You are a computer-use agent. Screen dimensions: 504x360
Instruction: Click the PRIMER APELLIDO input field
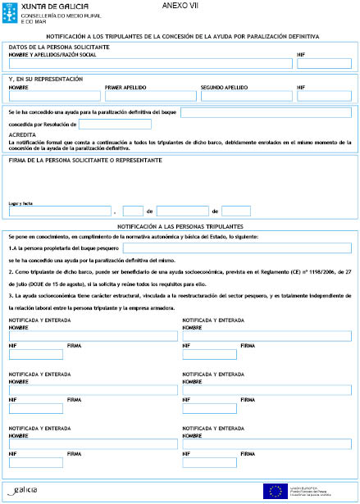(x=150, y=96)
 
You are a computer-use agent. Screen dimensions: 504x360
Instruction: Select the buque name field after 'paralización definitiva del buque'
(x=266, y=111)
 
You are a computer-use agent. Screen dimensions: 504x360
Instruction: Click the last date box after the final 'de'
(x=236, y=211)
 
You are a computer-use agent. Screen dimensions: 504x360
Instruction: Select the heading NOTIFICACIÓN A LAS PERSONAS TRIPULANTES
(x=180, y=225)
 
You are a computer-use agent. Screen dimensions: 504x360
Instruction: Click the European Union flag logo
(x=274, y=491)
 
